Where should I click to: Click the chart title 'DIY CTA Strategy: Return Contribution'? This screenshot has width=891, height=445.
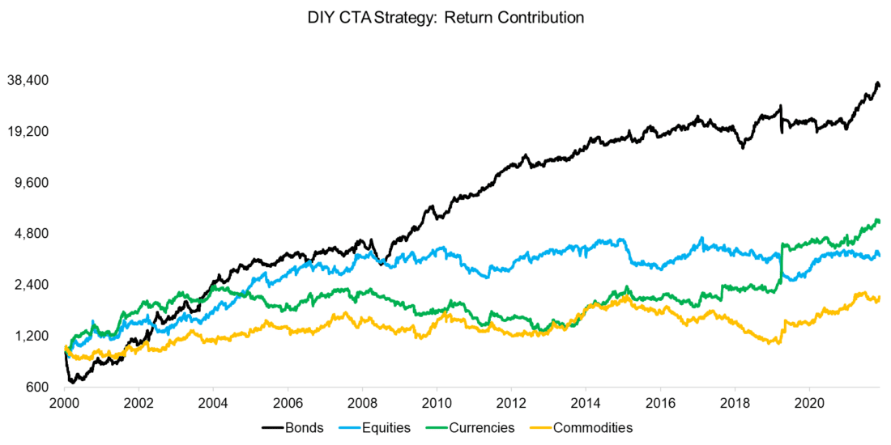tap(446, 18)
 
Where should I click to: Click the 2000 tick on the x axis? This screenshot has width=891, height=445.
tap(65, 402)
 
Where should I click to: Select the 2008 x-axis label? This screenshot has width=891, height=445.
tap(362, 402)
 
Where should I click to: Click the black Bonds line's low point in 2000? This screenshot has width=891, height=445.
tap(72, 381)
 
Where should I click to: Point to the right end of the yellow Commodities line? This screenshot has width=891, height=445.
tap(880, 298)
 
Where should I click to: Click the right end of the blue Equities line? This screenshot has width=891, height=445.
tap(880, 256)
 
